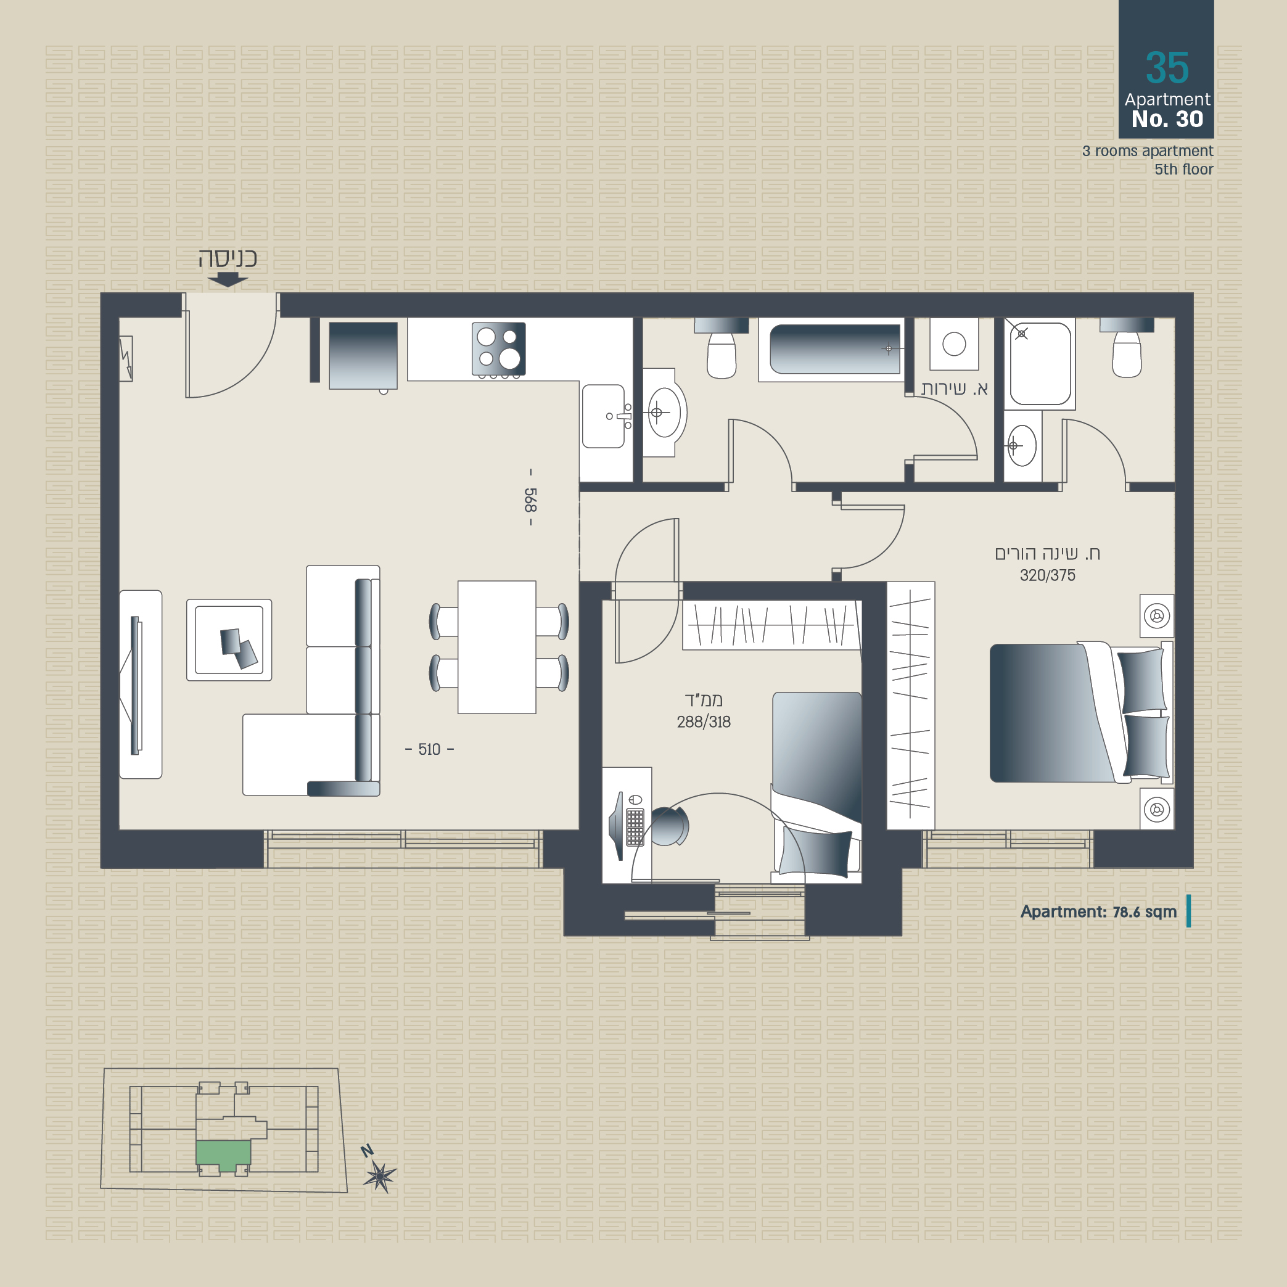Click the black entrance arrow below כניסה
coord(228,281)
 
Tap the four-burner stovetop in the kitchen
coord(498,349)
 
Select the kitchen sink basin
coord(603,416)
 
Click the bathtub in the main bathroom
coord(836,349)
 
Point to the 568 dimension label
coord(530,499)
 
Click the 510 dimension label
coord(430,749)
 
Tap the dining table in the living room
coord(497,647)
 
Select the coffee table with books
coord(229,640)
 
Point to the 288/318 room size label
coord(704,722)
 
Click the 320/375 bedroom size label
coord(1047,575)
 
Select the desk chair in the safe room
coord(669,826)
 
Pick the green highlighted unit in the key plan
coord(223,1153)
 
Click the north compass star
coord(380,1177)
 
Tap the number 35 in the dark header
coord(1167,68)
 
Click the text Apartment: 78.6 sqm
coord(1098,911)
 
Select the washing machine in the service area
coord(954,343)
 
